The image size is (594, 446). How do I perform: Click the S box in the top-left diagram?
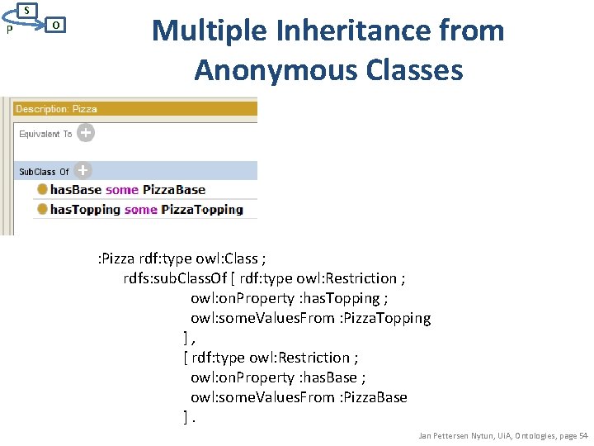[27, 11]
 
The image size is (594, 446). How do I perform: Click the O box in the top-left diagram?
[54, 26]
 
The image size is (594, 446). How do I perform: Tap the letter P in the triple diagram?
[7, 31]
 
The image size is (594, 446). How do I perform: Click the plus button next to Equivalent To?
[86, 132]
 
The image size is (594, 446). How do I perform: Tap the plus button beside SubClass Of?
[82, 171]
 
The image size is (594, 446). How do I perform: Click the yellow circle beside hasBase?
[41, 190]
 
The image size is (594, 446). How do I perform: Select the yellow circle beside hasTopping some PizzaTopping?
[41, 210]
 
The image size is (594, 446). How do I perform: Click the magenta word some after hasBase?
[121, 190]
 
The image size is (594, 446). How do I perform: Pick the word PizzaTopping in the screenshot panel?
[202, 210]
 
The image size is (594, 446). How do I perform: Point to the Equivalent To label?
[45, 134]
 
